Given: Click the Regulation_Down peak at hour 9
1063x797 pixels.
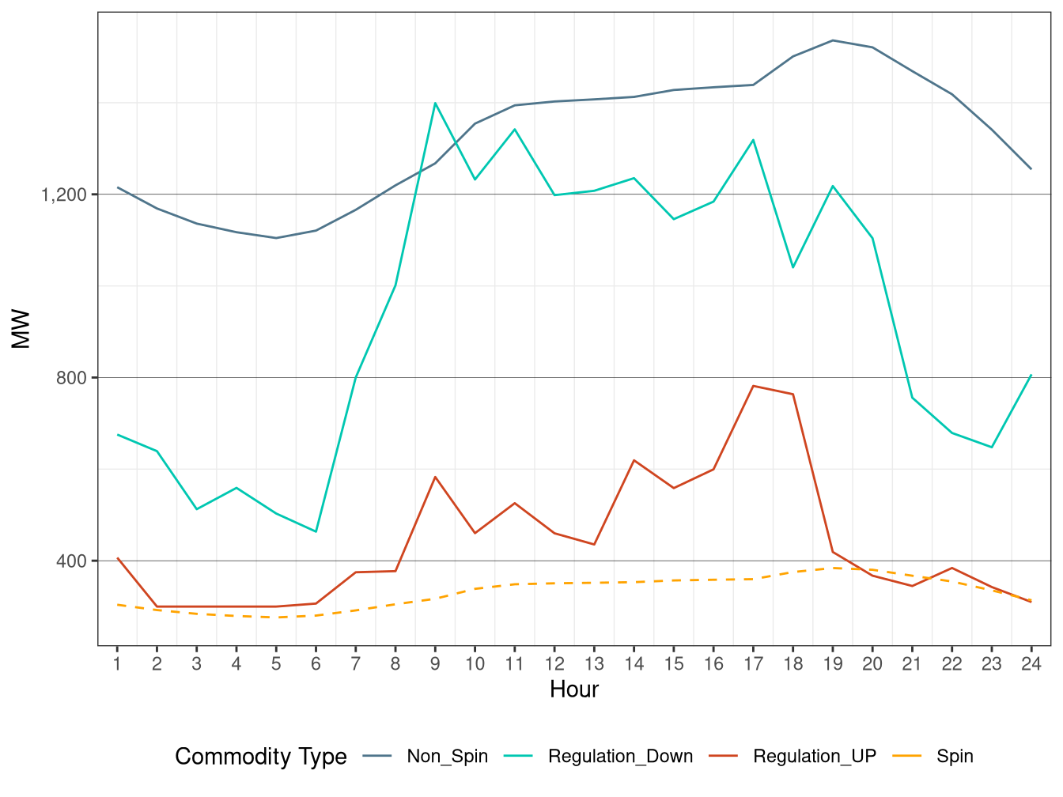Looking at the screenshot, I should [435, 103].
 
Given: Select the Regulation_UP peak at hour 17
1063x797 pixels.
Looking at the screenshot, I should [753, 386].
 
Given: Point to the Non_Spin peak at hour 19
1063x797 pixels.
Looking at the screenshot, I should [833, 40].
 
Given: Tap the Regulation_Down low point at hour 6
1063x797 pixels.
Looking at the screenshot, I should [316, 531].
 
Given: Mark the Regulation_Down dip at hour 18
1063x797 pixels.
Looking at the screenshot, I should [793, 267].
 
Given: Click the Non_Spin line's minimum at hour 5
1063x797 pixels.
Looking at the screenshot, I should [276, 238].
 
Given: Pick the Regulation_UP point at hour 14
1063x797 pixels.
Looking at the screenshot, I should [634, 460].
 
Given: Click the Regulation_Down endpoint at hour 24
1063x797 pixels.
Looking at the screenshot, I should [1031, 375].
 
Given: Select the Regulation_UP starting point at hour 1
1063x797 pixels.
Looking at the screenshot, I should [117, 558].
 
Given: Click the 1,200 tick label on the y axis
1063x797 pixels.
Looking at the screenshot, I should [64, 195].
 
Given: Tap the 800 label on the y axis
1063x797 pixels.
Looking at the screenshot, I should [71, 378].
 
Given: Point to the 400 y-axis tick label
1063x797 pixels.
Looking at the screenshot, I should [71, 561].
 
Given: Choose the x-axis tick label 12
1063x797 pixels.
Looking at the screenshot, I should [554, 664].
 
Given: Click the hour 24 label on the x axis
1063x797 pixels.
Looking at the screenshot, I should [1031, 664].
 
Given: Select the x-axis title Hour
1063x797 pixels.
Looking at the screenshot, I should [574, 689].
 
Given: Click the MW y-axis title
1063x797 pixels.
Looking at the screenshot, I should [21, 329].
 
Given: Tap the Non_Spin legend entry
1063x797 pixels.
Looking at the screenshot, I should [447, 757].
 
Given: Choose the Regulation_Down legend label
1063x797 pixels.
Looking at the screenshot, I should [620, 757].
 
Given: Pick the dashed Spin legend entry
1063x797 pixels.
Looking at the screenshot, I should [955, 757].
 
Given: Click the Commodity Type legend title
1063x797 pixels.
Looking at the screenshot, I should [261, 757].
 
